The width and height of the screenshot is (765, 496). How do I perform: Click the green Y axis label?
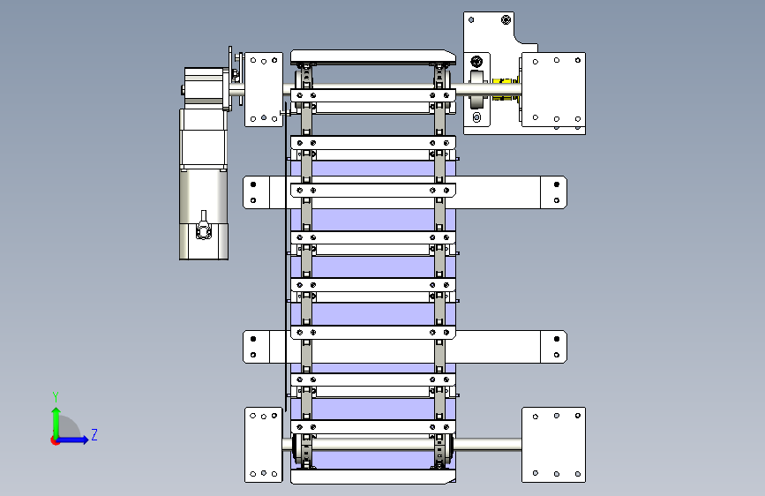56,397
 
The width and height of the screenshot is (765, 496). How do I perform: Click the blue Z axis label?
94,434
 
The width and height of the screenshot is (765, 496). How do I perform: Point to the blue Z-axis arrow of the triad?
73,440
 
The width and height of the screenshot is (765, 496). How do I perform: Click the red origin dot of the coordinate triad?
54,440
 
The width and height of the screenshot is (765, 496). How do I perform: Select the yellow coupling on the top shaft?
505,89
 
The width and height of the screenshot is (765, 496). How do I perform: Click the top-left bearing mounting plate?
264,89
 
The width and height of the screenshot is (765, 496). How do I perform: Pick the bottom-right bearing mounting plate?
554,445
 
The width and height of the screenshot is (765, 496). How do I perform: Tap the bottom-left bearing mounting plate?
264,445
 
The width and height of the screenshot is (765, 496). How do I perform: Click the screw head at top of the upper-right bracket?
506,19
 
